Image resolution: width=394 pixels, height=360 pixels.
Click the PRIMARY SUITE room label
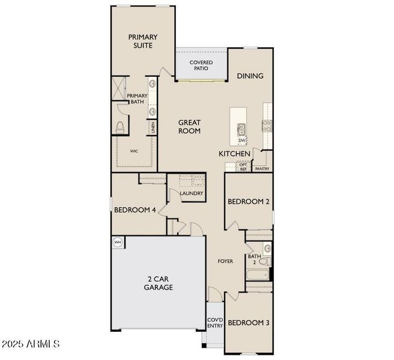(x=143, y=41)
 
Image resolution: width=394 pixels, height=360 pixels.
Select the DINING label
(x=250, y=76)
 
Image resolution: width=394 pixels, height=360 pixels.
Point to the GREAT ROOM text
(x=189, y=127)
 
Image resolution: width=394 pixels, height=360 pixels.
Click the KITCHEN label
(x=234, y=154)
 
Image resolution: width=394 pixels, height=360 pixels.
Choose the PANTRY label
(x=262, y=169)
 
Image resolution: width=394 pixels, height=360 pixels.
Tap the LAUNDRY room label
(x=192, y=193)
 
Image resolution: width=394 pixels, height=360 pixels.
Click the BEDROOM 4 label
(x=135, y=210)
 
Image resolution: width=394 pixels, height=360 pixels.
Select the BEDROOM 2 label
(x=248, y=202)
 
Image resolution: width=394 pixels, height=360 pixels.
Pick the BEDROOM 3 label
(x=248, y=323)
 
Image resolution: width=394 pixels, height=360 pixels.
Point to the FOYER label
(x=225, y=262)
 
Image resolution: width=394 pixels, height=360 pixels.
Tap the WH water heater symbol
(x=118, y=242)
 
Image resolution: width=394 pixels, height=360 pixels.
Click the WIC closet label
(x=133, y=151)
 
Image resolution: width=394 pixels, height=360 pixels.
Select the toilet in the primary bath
(x=120, y=127)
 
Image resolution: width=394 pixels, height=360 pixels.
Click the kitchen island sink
(x=242, y=130)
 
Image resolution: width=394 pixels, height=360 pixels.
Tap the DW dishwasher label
(x=242, y=140)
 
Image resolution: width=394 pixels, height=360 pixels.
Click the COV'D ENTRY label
(x=214, y=323)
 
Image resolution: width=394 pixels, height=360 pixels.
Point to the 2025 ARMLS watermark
(x=31, y=344)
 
